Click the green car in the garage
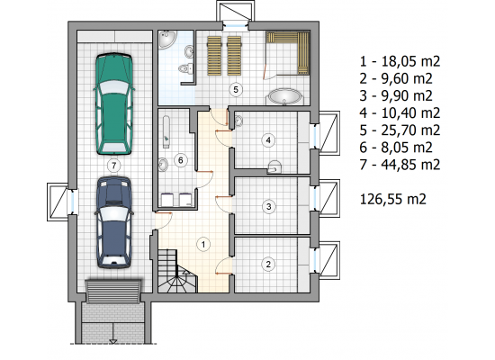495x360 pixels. pos(113,103)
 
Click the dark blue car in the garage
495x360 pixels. pos(113,222)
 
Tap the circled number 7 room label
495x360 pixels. pos(113,165)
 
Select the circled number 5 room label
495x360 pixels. pos(236,90)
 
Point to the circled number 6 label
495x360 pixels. pos(181,160)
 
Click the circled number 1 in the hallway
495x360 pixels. pos(203,245)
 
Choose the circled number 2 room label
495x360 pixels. pos(268,264)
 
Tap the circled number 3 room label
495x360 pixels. pos(269,206)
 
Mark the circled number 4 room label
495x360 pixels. pos(268,139)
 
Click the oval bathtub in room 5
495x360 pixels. pos(284,96)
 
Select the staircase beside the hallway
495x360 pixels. pos(177,271)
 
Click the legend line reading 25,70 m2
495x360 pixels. pos(400,130)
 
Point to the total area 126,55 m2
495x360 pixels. pos(393,199)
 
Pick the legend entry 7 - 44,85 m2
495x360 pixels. pos(400,165)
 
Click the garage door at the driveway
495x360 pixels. pos(113,291)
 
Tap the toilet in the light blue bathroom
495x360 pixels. pos(186,67)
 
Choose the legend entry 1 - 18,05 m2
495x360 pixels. pos(400,61)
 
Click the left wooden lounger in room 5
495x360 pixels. pos(214,56)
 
